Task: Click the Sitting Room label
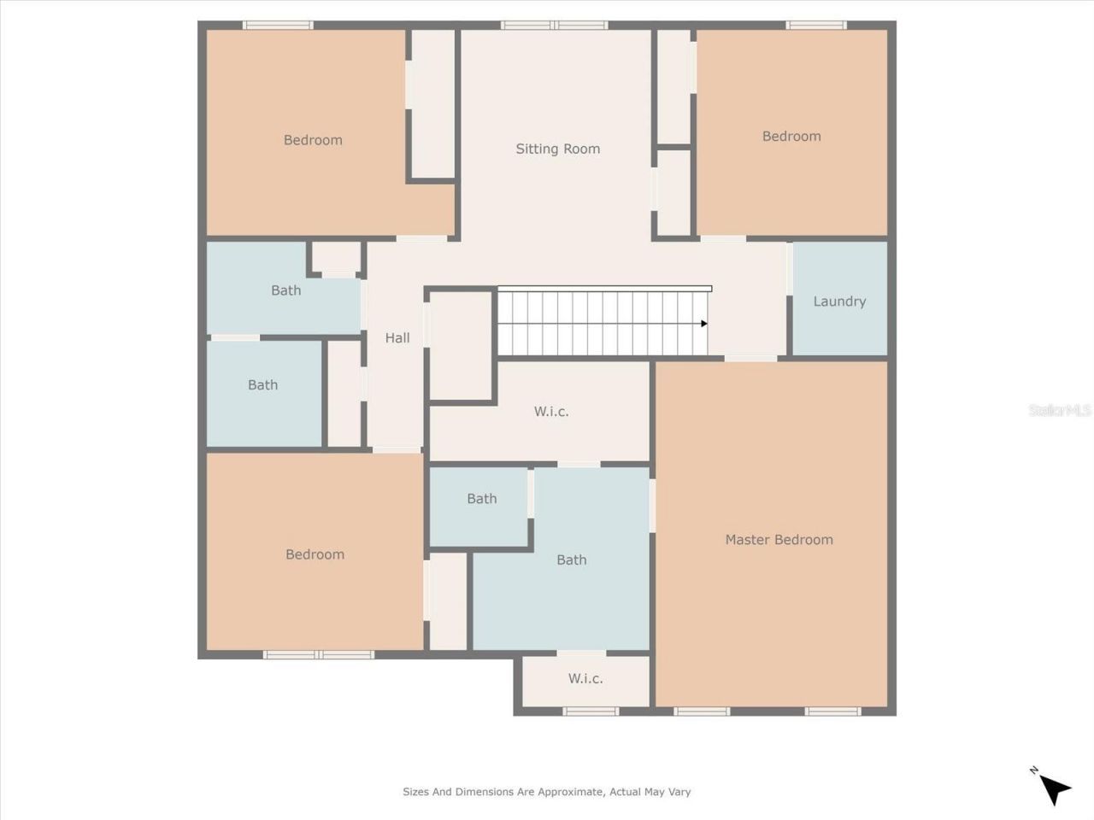click(557, 149)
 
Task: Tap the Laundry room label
click(839, 302)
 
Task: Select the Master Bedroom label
click(779, 540)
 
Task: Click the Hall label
click(397, 338)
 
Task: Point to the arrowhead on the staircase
click(703, 324)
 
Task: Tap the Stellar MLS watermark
click(1059, 411)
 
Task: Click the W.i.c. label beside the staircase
click(551, 412)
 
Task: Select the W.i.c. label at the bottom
click(585, 679)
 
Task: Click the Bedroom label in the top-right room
click(791, 137)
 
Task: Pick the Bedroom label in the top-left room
click(313, 140)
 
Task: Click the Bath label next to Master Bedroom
click(571, 560)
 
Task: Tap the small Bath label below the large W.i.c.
click(481, 499)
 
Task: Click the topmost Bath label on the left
click(285, 290)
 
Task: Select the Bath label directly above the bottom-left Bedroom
click(262, 385)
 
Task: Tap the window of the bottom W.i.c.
click(591, 711)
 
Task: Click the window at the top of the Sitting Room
click(555, 26)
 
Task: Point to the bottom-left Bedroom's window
click(318, 655)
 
